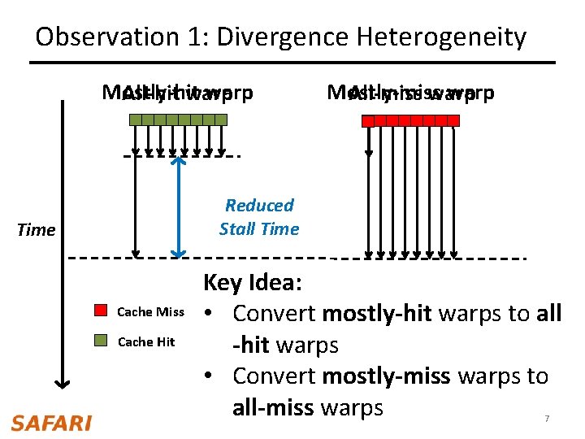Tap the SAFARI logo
pyautogui.click(x=51, y=423)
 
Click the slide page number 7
pyautogui.click(x=547, y=419)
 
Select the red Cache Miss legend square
pyautogui.click(x=101, y=311)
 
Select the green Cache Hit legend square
pyautogui.click(x=101, y=341)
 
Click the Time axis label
pyautogui.click(x=37, y=230)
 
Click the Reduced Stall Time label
pyautogui.click(x=259, y=217)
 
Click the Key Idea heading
pyautogui.click(x=253, y=283)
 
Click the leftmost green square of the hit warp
pyautogui.click(x=135, y=120)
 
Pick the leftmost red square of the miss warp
pyautogui.click(x=368, y=120)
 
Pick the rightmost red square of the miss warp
pyautogui.click(x=453, y=120)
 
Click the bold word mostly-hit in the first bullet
pyautogui.click(x=376, y=313)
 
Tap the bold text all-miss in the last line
pyautogui.click(x=273, y=407)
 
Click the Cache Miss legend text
pyautogui.click(x=150, y=312)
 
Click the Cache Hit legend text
pyautogui.click(x=146, y=342)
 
